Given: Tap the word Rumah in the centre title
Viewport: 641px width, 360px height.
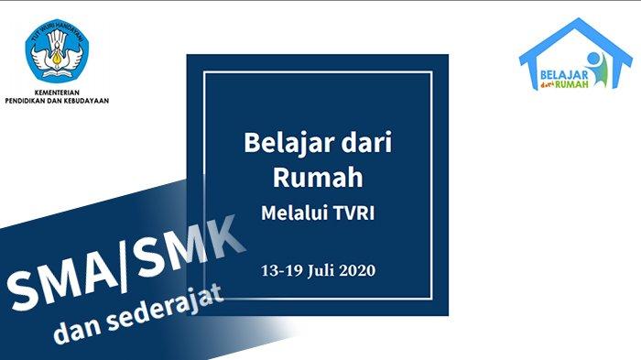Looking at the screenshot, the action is (318, 177).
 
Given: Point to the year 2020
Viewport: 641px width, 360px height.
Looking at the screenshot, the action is (357, 270).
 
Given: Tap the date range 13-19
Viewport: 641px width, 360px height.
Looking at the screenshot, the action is (282, 270).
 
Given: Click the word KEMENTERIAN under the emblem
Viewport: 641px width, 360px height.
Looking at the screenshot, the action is (57, 93).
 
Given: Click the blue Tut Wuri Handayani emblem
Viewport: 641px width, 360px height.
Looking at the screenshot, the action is (57, 50).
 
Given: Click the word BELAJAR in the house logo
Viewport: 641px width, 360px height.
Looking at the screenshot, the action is (564, 75).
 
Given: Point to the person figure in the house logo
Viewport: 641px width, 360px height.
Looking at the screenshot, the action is (598, 69).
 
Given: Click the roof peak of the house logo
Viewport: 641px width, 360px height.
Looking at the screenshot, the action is (577, 19).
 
